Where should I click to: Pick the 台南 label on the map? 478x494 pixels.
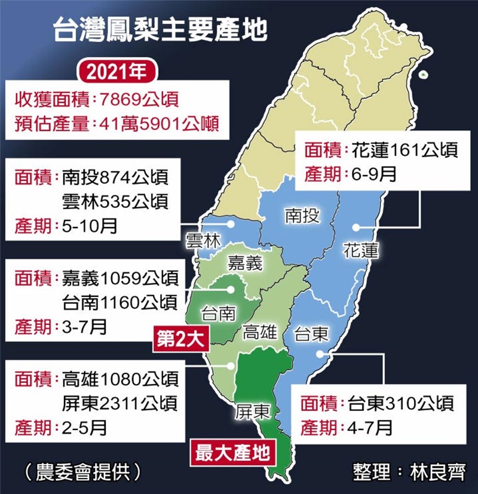coord(219,313)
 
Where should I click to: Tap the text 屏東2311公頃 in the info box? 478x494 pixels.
coord(119,403)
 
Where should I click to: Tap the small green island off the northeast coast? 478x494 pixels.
coord(423,75)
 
